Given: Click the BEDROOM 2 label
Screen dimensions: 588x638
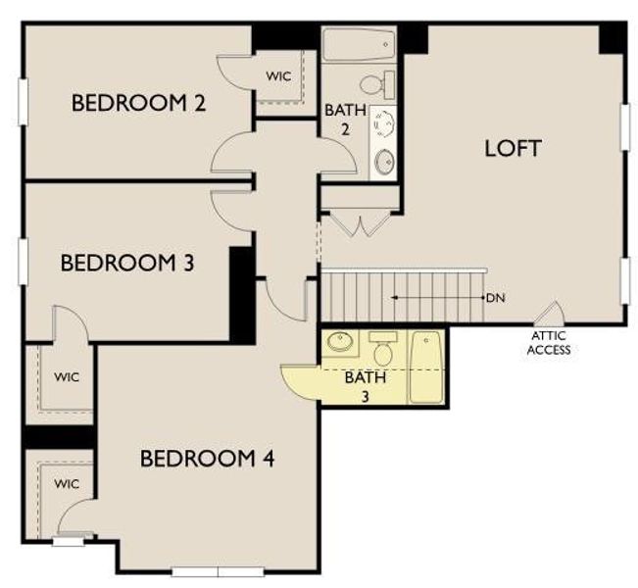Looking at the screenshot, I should pos(138,103).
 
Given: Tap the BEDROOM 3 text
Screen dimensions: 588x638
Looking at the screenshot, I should pos(127,263).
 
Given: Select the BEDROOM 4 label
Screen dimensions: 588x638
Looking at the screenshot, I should pos(207,458).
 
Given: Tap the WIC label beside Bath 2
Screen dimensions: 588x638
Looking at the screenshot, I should pos(278,75).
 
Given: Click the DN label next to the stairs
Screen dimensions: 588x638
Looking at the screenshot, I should pos(495,296).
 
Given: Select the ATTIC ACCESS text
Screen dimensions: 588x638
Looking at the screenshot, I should pos(548,343).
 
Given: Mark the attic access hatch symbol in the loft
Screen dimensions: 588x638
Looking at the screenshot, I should pos(550,315).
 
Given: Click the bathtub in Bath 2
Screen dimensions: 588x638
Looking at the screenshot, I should pos(359,45).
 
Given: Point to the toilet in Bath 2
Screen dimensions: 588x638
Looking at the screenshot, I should pos(376,83).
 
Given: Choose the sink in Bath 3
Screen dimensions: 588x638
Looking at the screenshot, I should pos(339,344).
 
